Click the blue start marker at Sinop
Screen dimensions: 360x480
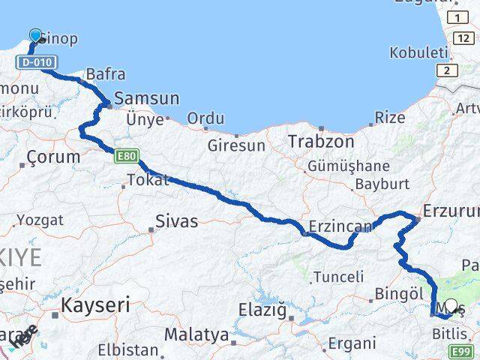pos(35,36)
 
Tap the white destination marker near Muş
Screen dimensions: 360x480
pos(451,306)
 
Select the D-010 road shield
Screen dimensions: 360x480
pos(35,62)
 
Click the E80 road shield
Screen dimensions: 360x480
pos(126,157)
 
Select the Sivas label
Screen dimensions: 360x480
pos(177,220)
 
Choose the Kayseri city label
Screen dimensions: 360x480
pos(95,305)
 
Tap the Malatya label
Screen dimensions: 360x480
pos(196,334)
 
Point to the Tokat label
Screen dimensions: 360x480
pos(148,180)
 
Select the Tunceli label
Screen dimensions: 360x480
pos(338,277)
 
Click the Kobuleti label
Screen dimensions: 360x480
pos(418,52)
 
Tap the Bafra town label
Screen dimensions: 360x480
pos(106,74)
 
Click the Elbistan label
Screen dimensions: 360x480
pos(128,349)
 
